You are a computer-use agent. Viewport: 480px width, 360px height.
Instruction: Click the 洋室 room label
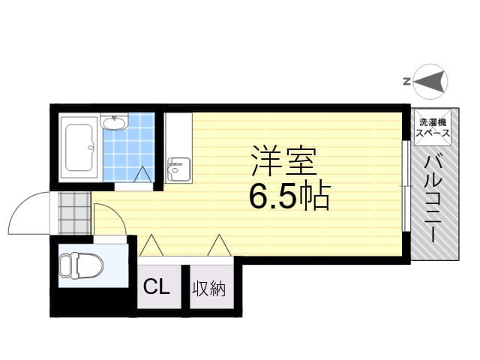pos(283,161)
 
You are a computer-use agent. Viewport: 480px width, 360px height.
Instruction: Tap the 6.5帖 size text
pos(289,196)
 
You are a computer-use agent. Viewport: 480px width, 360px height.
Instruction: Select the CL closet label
pos(157,287)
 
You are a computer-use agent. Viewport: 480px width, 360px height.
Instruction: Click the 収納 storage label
pos(209,288)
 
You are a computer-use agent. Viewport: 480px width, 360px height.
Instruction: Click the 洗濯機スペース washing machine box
pos(433,127)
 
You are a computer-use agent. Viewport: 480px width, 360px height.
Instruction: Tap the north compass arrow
pos(428,82)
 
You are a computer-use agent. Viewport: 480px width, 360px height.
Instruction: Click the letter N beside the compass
pos(406,82)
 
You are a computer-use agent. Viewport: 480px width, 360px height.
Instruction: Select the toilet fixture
pos(81,265)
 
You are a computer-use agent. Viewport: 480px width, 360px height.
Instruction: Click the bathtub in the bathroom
pos(79,148)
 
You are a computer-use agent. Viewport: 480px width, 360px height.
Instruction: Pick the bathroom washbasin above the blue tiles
pos(114,122)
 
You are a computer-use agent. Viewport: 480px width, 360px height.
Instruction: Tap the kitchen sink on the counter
pos(178,170)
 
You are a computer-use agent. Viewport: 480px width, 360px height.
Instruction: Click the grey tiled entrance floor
pos(74,213)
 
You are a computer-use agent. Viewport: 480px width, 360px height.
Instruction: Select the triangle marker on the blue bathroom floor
pos(142,175)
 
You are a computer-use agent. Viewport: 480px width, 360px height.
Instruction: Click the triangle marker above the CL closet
pos(151,245)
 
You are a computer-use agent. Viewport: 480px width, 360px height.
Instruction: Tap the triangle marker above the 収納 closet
pos(219,245)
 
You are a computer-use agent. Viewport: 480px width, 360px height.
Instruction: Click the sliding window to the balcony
pos(406,186)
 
